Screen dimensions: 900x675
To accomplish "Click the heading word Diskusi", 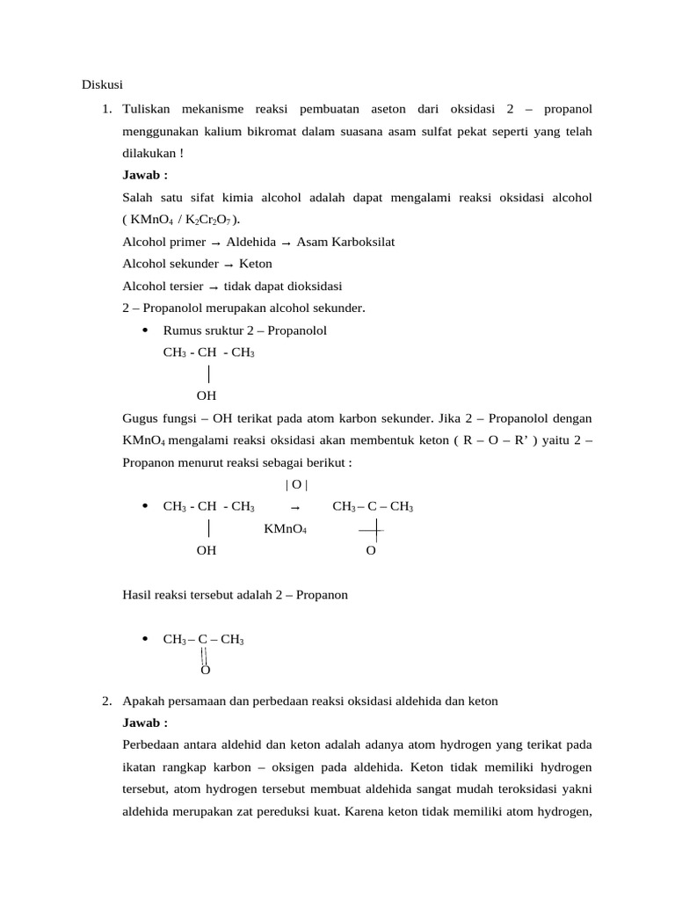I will (101, 85).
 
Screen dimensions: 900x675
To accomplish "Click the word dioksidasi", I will (313, 286).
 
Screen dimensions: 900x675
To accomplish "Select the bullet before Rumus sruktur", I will (144, 330).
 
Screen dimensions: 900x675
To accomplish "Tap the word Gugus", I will (141, 417).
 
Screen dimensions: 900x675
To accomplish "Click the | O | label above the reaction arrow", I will (296, 485).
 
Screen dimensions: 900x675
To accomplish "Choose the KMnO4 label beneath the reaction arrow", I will (286, 529).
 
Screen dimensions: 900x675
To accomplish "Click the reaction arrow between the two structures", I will (295, 507).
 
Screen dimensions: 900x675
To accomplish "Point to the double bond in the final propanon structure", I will (204, 657).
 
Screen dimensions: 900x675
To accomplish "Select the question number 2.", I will (105, 701).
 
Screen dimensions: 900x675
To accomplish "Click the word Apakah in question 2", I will (144, 701).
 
